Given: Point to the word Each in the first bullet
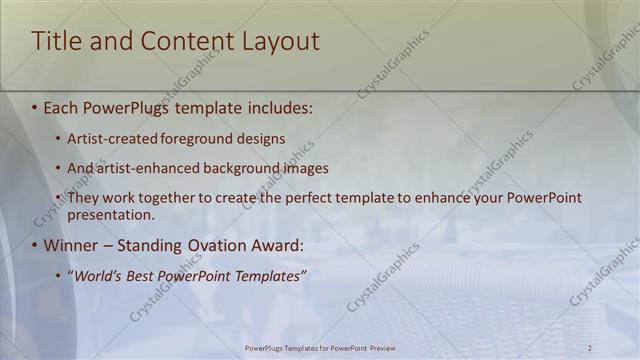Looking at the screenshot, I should pyautogui.click(x=61, y=105).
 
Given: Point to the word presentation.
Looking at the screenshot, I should pyautogui.click(x=110, y=214).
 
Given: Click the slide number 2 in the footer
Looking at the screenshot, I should pyautogui.click(x=590, y=348).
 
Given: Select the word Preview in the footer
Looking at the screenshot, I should pyautogui.click(x=377, y=348).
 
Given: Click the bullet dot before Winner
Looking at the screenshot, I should pyautogui.click(x=34, y=246).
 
